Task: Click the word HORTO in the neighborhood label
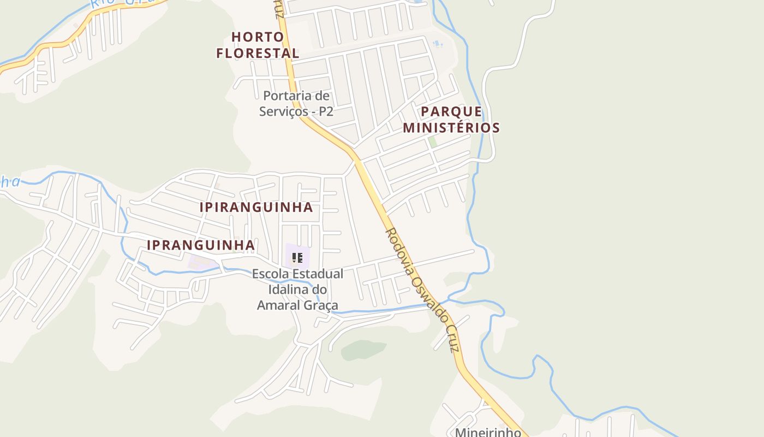258,37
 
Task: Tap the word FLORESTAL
258,54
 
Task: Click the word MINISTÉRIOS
451,128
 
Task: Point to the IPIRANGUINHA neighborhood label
256,208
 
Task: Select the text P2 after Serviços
326,111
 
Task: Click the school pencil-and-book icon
297,257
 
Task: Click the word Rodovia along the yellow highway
398,246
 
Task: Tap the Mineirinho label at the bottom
488,432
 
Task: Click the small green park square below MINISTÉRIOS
432,142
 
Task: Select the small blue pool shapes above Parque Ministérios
437,43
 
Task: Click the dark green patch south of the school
363,350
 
